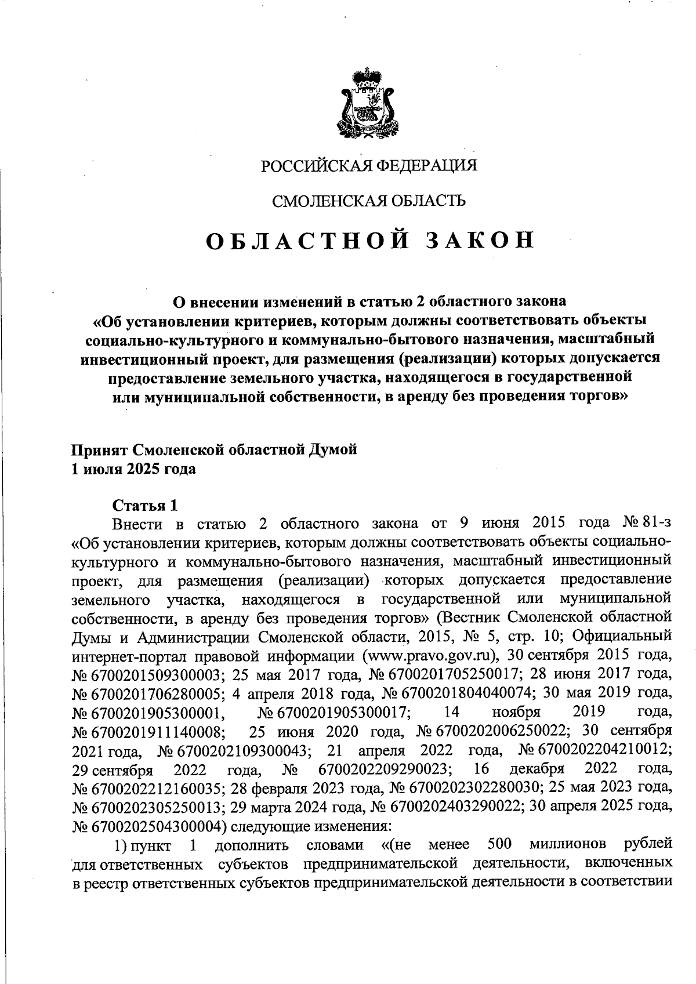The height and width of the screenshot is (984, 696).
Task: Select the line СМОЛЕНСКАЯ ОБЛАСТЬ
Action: point(369,201)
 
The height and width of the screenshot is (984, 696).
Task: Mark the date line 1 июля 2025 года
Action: point(133,469)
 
